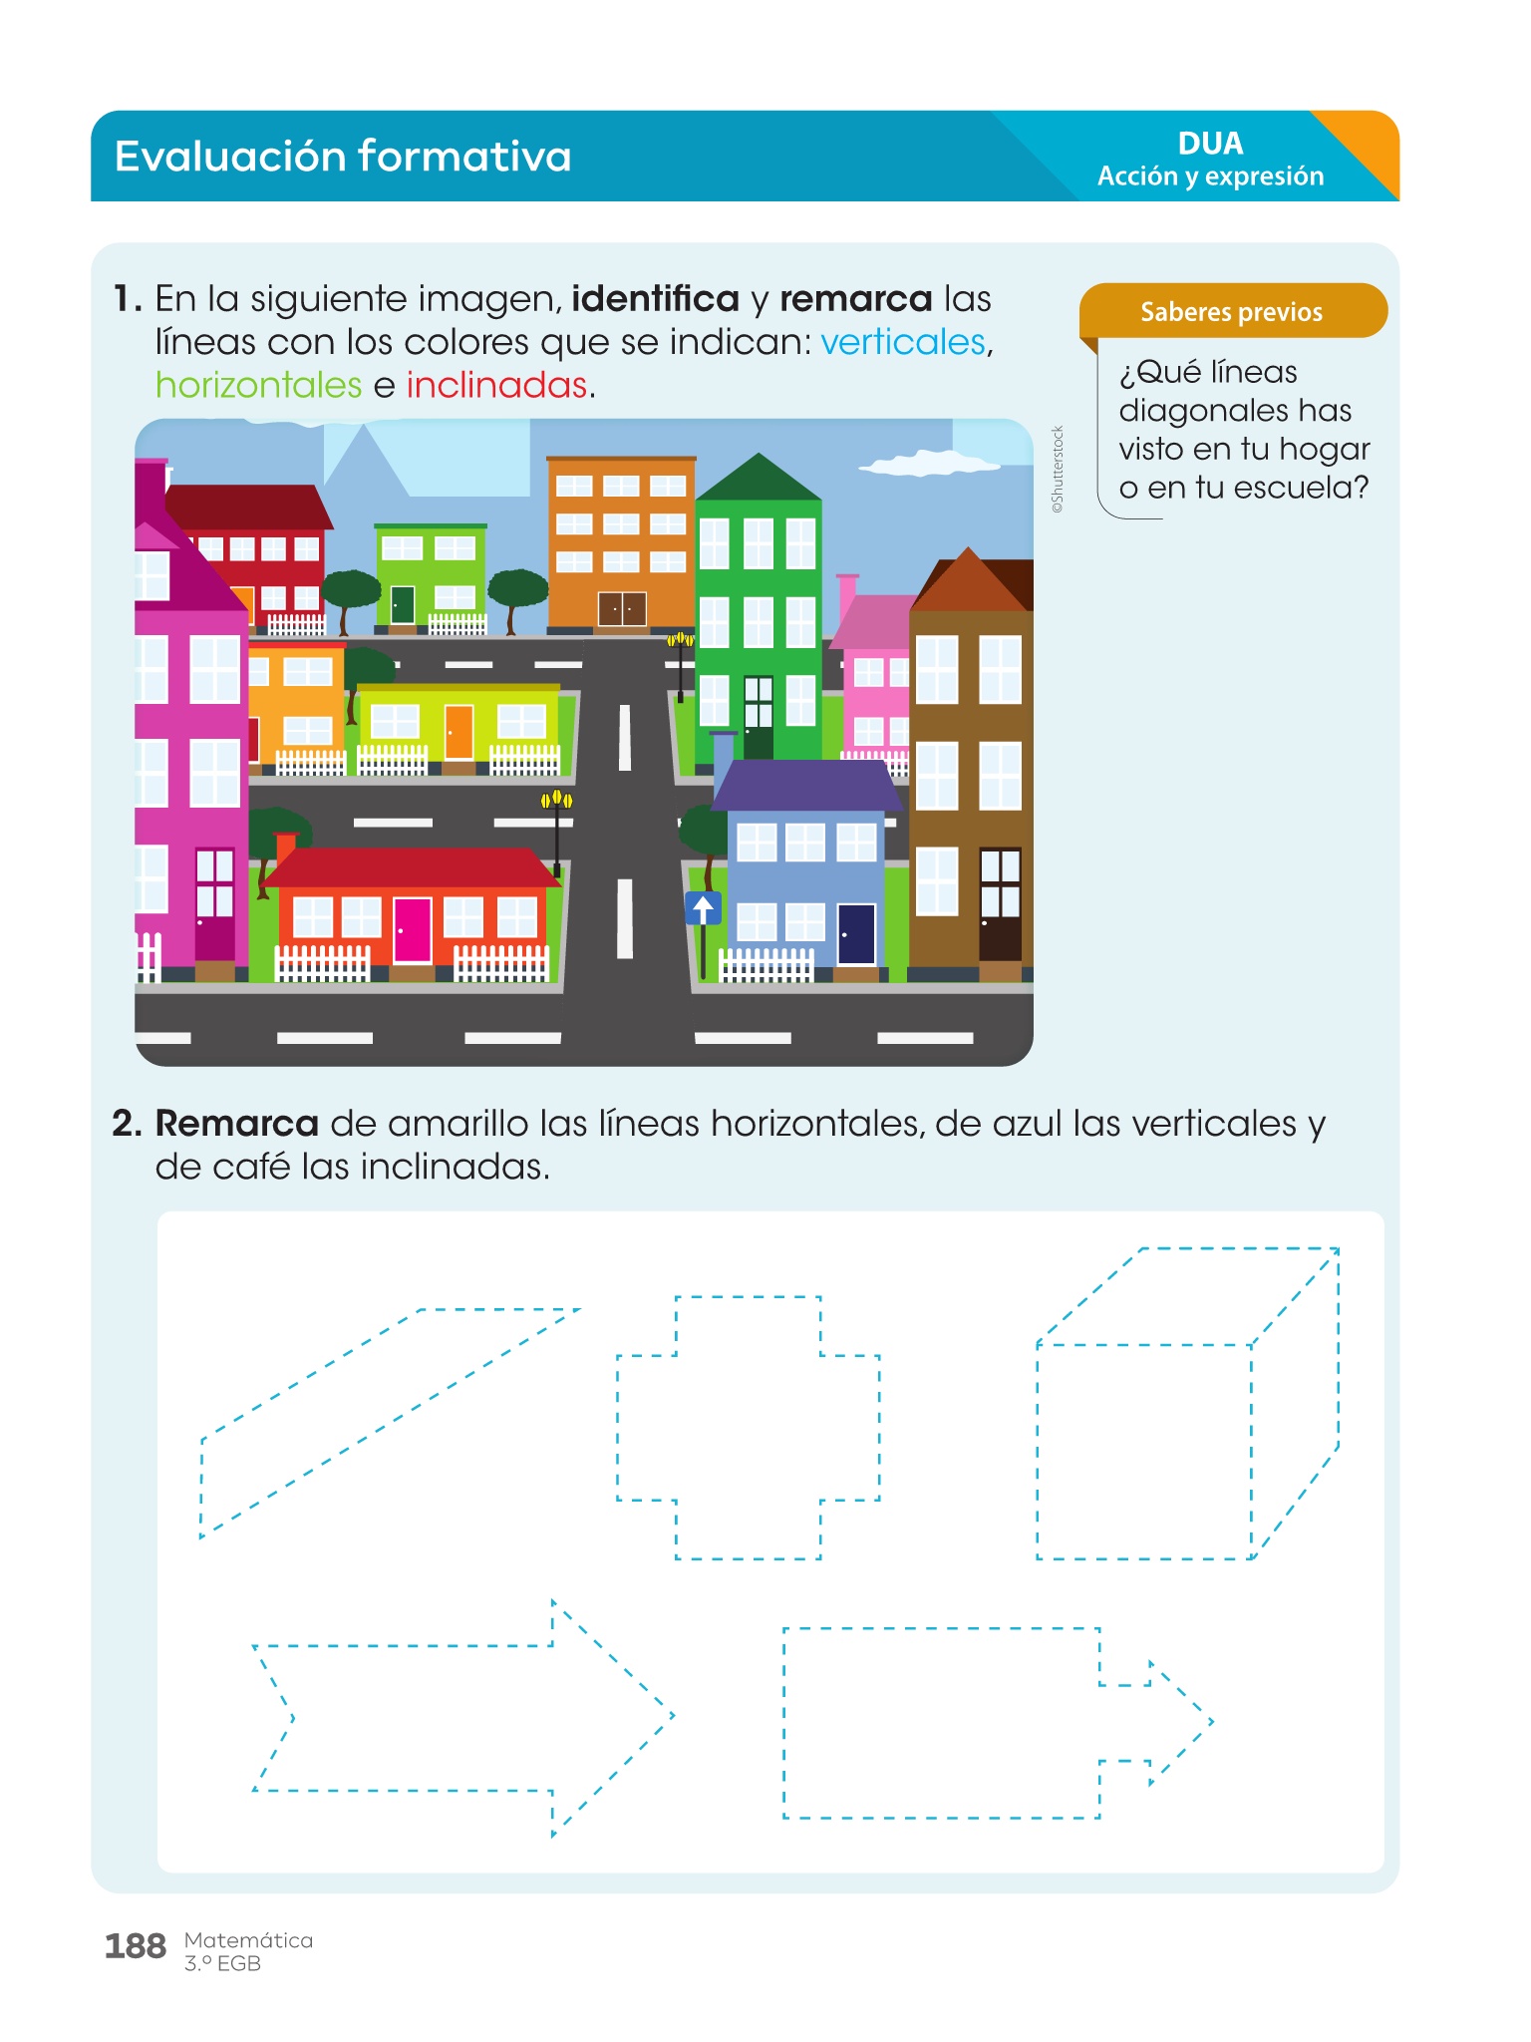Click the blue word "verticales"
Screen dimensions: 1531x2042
[x=903, y=342]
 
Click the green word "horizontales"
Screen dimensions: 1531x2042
[x=258, y=385]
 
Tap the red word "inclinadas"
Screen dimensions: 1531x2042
[x=496, y=385]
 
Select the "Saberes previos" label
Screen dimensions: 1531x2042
[x=1231, y=312]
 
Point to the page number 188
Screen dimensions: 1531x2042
[x=135, y=1945]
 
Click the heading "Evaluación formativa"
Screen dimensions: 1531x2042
[x=343, y=157]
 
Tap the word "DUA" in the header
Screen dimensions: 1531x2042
[x=1210, y=144]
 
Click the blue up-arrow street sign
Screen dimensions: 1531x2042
[x=703, y=908]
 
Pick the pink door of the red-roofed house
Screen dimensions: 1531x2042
[x=412, y=929]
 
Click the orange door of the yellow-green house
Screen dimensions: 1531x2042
[x=459, y=733]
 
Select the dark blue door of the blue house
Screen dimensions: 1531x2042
[x=856, y=934]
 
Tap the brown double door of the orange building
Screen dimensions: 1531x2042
[x=622, y=609]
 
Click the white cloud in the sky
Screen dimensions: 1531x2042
[x=928, y=463]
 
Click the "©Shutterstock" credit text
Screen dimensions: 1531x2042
[x=1058, y=470]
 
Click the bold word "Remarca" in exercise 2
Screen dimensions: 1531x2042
[x=236, y=1124]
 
